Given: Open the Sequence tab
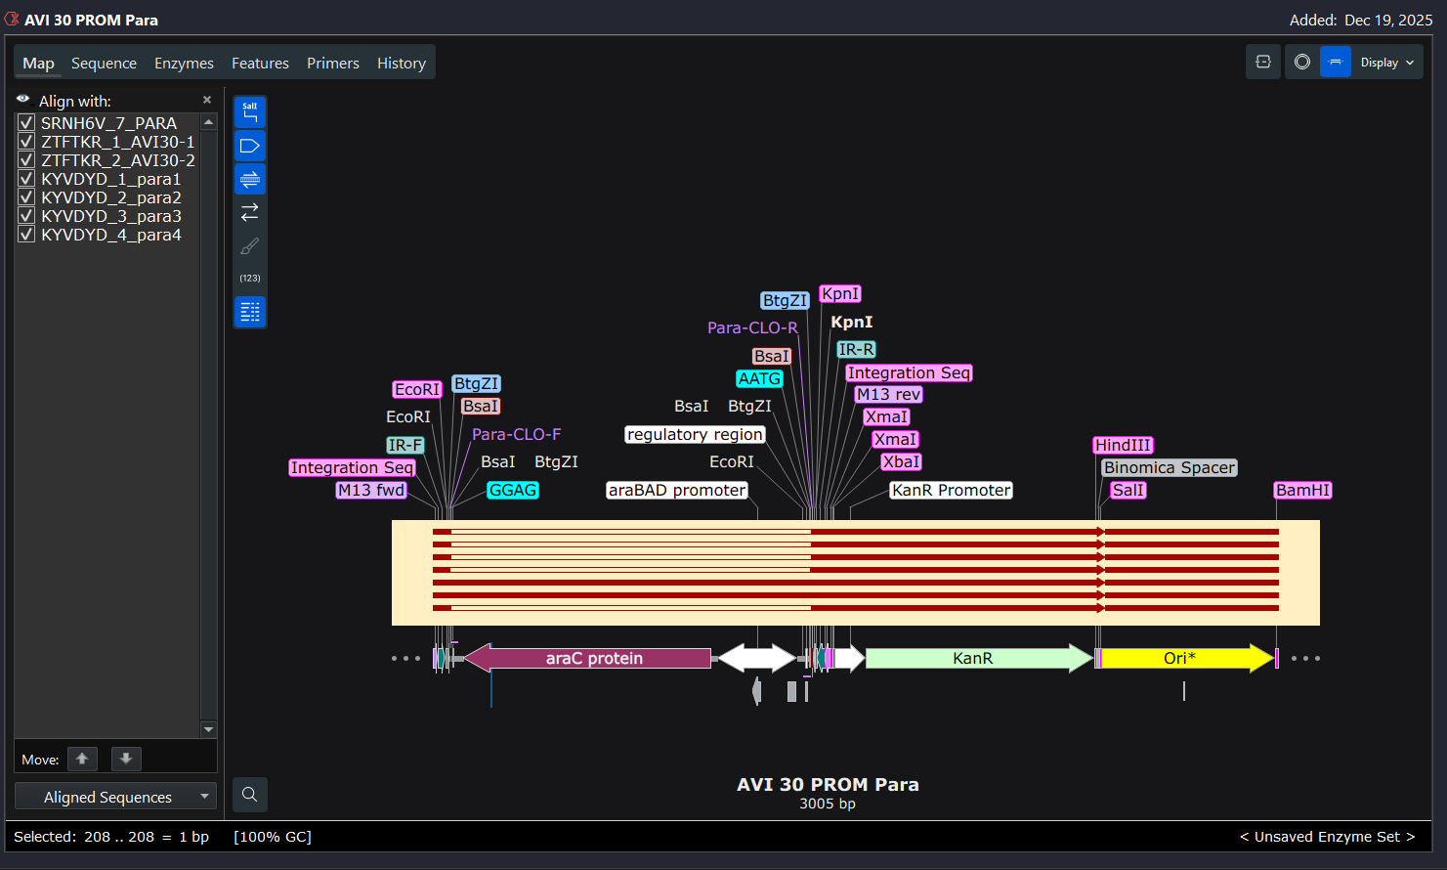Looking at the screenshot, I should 104,64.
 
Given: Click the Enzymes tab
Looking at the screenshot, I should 184,64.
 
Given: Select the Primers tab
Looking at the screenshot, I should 332,64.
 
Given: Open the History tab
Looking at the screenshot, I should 401,64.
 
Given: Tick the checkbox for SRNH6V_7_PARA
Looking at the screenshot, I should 26,123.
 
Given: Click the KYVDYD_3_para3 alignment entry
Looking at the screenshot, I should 110,216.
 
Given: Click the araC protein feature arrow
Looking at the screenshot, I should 594,658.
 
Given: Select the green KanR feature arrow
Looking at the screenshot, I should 973,658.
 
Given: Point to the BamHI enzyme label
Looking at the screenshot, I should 1302,490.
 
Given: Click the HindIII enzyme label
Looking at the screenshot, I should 1123,445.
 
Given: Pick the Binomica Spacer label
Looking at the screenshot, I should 1169,467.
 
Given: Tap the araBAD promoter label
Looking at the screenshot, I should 677,490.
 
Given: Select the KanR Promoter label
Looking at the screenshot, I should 951,490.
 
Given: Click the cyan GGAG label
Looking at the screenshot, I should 513,490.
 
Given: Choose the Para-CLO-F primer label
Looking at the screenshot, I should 516,434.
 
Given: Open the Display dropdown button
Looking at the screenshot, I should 1386,63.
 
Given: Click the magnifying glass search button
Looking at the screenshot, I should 250,794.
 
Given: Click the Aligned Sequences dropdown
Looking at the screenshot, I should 115,797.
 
